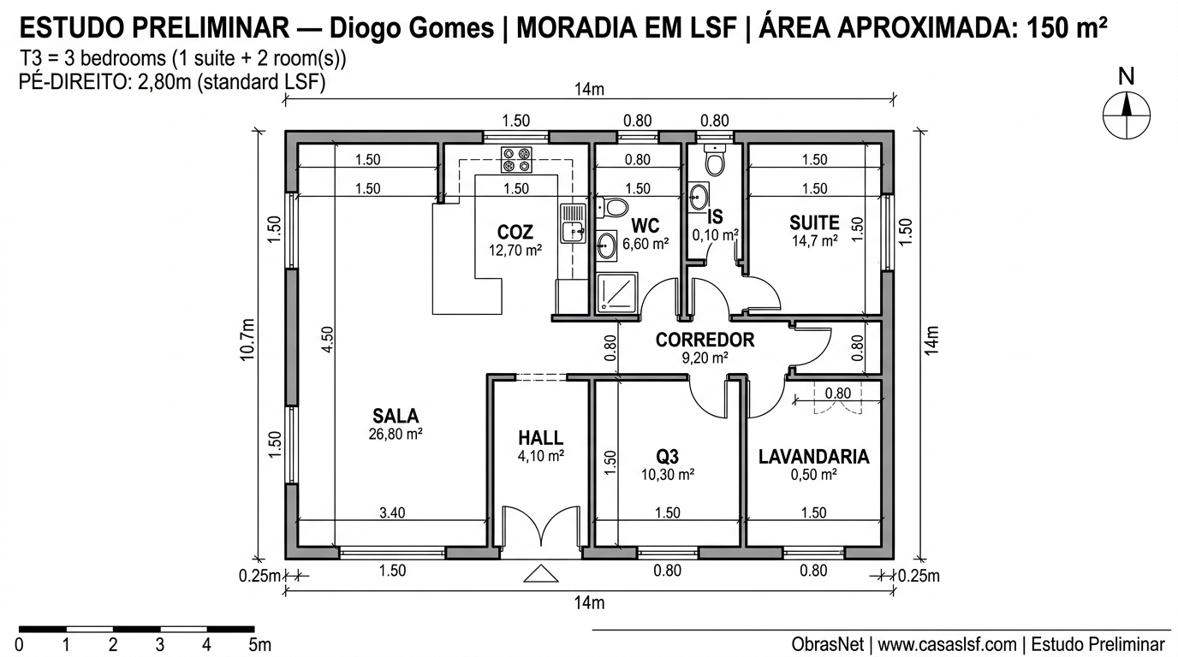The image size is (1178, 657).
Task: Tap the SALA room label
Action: [x=396, y=417]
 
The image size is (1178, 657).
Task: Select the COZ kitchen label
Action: [x=515, y=232]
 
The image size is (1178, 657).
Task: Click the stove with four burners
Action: [x=516, y=161]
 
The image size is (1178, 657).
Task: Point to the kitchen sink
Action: [x=571, y=223]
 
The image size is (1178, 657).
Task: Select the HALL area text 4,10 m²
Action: [x=540, y=457]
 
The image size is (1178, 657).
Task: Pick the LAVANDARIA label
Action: [x=813, y=457]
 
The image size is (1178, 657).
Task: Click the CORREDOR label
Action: [x=705, y=340]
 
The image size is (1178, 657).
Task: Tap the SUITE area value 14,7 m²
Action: [x=814, y=242]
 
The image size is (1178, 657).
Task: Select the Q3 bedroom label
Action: [x=667, y=456]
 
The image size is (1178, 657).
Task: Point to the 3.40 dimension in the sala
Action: [x=392, y=513]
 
